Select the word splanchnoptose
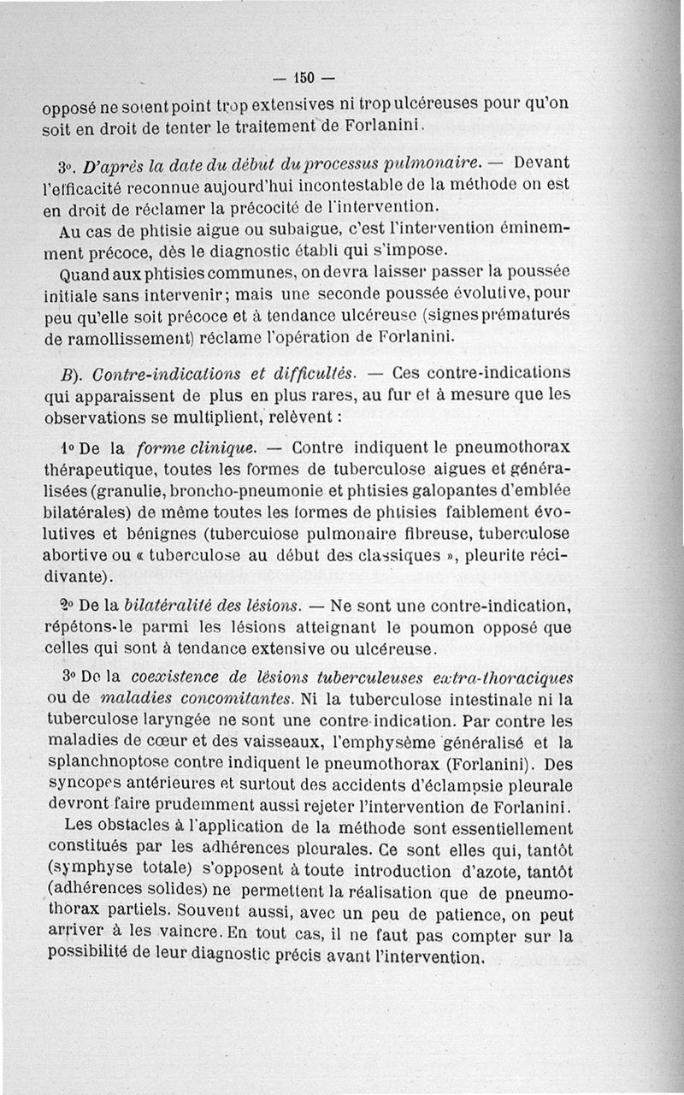pyautogui.click(x=101, y=763)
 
